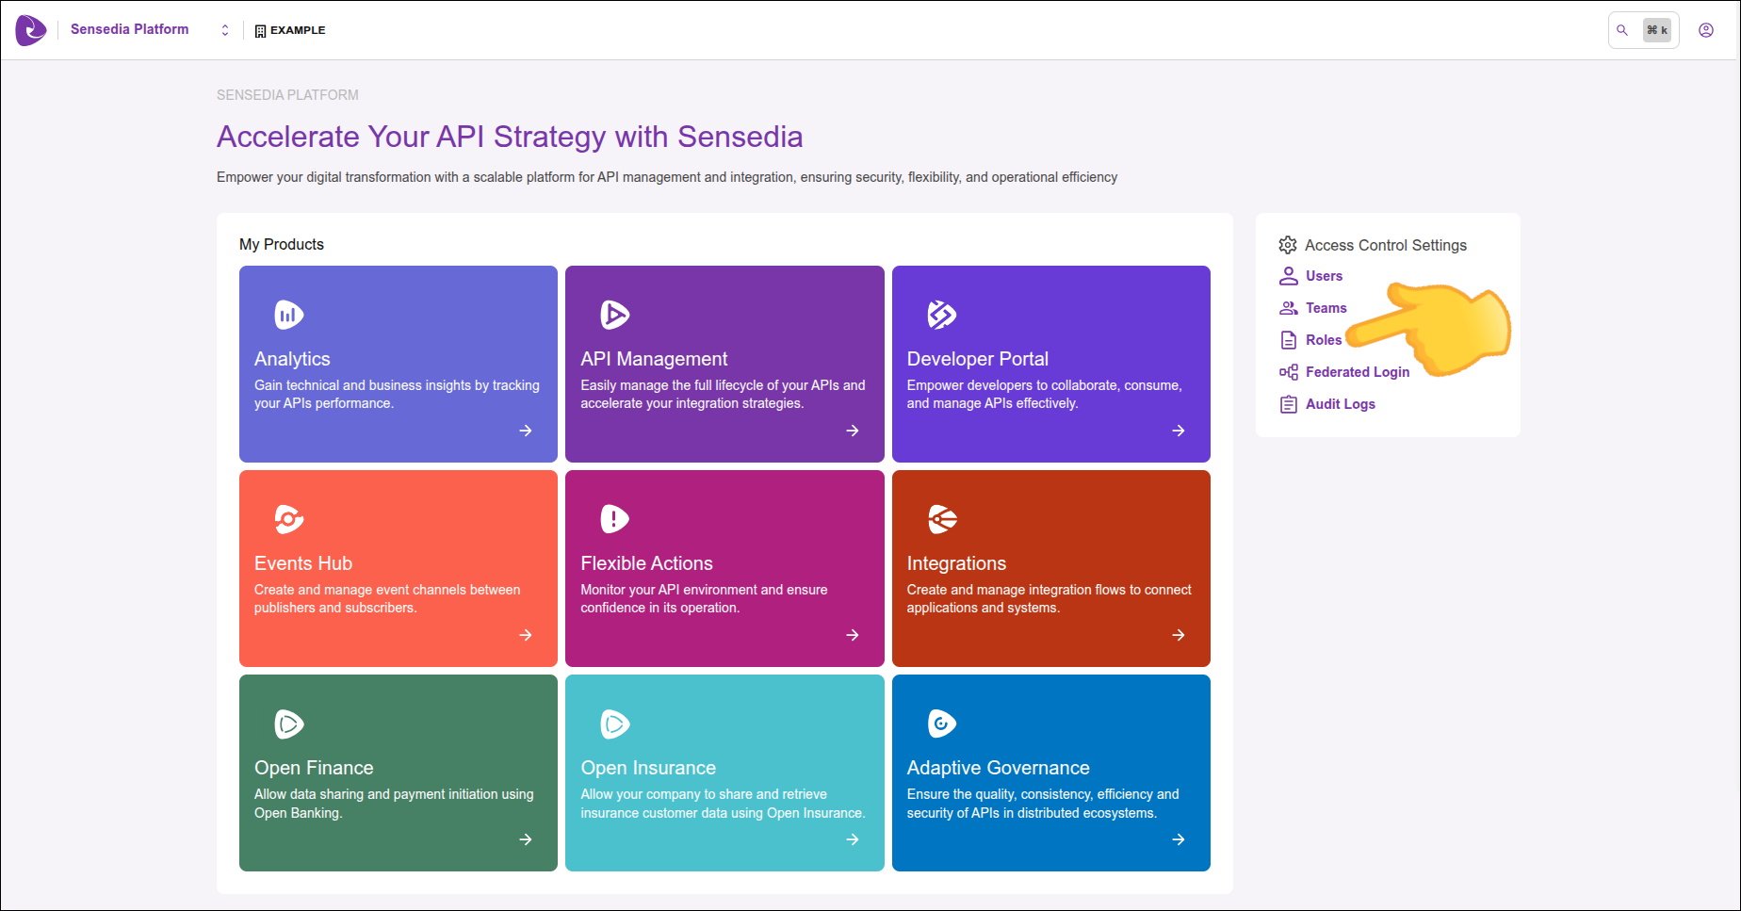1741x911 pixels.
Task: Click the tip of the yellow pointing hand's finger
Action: point(1348,336)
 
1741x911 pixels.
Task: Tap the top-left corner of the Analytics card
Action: point(239,266)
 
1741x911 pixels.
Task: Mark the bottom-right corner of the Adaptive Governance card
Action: point(1211,871)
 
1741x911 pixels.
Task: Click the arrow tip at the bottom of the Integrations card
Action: point(1185,635)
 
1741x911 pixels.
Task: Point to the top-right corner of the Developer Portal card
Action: point(1211,266)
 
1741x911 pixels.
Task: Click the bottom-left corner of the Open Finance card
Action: point(239,871)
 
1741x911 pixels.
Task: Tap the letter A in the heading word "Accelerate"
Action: point(228,138)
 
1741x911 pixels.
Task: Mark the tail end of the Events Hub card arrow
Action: point(520,635)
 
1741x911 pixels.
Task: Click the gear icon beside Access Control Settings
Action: point(1288,245)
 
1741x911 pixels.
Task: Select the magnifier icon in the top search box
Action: point(1622,30)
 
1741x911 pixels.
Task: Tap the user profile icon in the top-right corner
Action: point(1706,30)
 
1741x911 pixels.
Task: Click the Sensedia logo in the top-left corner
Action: point(31,30)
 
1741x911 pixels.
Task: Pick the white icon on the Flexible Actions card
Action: point(614,519)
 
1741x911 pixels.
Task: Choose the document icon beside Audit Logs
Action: point(1288,404)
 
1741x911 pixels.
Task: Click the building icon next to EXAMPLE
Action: point(261,31)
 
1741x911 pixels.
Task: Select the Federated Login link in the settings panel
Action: point(1358,372)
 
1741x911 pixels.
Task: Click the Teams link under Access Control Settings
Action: point(1326,308)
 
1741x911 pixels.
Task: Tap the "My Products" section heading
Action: point(282,244)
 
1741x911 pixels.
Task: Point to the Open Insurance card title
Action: point(648,768)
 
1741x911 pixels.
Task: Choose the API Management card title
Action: point(654,359)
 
